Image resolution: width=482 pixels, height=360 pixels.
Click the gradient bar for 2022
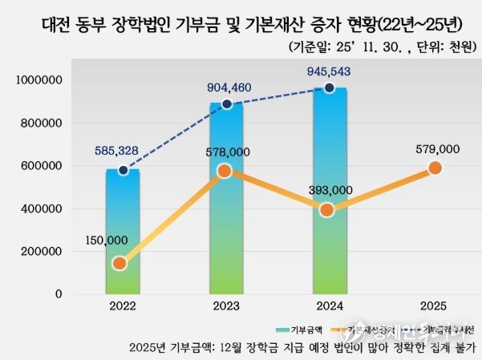[x=122, y=233]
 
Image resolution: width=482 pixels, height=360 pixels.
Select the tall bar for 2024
[x=330, y=192]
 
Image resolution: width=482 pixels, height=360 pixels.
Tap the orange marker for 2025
[x=435, y=168]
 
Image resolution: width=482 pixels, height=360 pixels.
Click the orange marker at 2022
[x=120, y=263]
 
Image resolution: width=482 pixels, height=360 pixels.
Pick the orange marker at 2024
[x=327, y=210]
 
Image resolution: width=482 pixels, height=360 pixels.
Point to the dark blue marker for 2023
[x=227, y=104]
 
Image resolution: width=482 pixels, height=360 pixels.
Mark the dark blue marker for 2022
[x=123, y=170]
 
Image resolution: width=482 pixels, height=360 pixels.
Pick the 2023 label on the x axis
[x=225, y=306]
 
